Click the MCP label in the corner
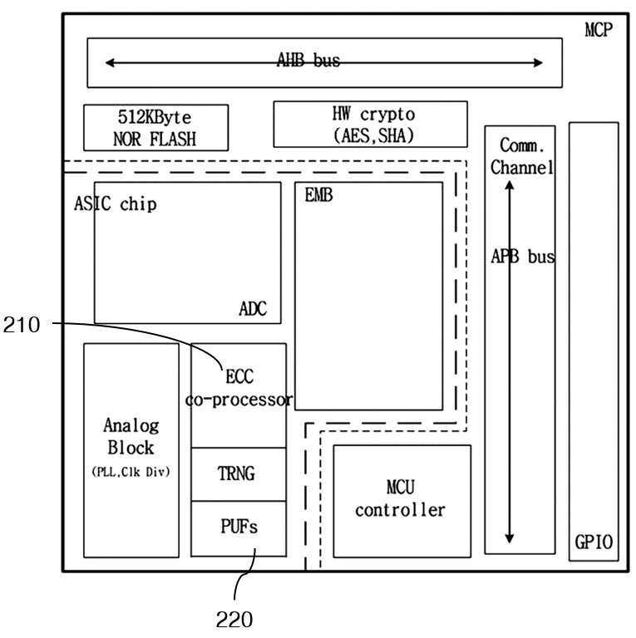pyautogui.click(x=599, y=30)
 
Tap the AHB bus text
pyautogui.click(x=308, y=60)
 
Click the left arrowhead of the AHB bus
pyautogui.click(x=110, y=62)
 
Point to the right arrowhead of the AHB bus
pyautogui.click(x=538, y=62)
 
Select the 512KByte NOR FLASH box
pyautogui.click(x=156, y=128)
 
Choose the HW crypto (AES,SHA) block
pyautogui.click(x=371, y=124)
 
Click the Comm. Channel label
pyautogui.click(x=521, y=156)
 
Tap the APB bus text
pyautogui.click(x=523, y=257)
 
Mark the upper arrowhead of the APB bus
pyautogui.click(x=510, y=185)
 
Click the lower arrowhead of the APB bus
pyautogui.click(x=510, y=538)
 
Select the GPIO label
pyautogui.click(x=594, y=542)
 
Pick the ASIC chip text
pyautogui.click(x=116, y=204)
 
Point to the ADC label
pyautogui.click(x=253, y=309)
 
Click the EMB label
pyautogui.click(x=318, y=195)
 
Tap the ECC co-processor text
pyautogui.click(x=239, y=388)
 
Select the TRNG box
pyautogui.click(x=239, y=474)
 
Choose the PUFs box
pyautogui.click(x=239, y=528)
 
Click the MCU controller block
pyautogui.click(x=402, y=501)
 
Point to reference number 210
pyautogui.click(x=22, y=325)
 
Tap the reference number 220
pyautogui.click(x=234, y=620)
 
